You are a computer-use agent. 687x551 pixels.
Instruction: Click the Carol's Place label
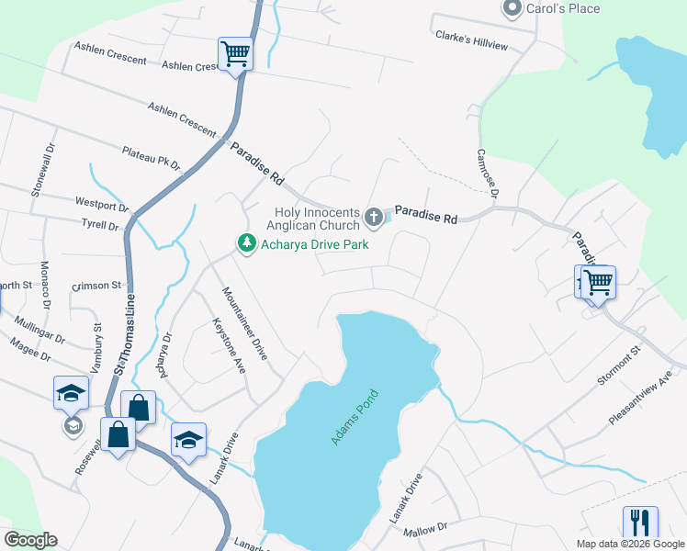tap(563, 8)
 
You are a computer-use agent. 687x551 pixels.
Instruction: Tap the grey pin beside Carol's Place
tap(512, 7)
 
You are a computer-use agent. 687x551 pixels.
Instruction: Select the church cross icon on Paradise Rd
tap(373, 218)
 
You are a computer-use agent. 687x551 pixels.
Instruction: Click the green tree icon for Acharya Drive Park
tap(245, 243)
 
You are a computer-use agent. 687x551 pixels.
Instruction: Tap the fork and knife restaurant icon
tap(639, 523)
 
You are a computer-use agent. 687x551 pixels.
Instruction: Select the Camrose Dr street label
tap(486, 174)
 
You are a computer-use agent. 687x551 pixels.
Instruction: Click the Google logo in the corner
tap(30, 540)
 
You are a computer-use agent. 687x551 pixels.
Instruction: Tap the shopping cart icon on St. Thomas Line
tap(235, 54)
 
